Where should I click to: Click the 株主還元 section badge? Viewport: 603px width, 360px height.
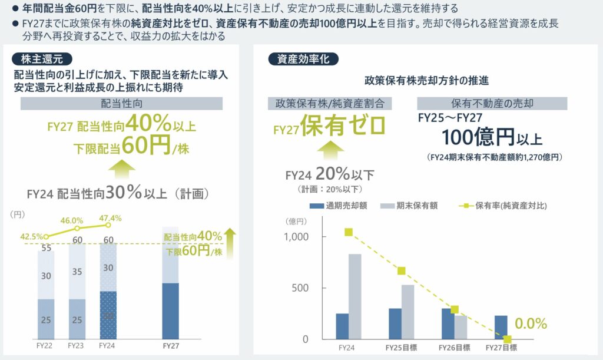click(x=42, y=59)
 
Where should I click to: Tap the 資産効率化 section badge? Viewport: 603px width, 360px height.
click(x=303, y=59)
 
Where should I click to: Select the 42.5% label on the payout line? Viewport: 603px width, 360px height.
click(x=31, y=237)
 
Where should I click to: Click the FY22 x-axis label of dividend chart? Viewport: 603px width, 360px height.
click(x=45, y=346)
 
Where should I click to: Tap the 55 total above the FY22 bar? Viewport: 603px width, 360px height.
click(x=45, y=249)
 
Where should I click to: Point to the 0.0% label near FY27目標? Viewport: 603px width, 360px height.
click(x=531, y=323)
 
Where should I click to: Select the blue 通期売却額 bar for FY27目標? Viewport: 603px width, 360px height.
click(x=501, y=327)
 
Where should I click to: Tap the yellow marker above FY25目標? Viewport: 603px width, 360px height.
click(x=401, y=271)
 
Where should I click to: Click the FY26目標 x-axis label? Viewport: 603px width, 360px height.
click(x=454, y=348)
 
